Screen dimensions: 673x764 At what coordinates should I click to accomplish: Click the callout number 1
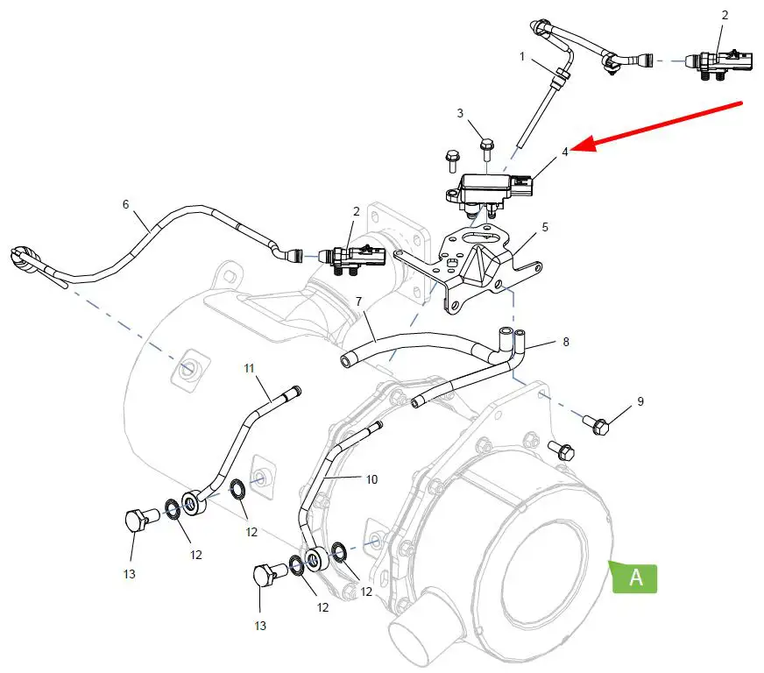click(522, 57)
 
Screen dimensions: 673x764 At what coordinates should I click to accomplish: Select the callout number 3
click(459, 113)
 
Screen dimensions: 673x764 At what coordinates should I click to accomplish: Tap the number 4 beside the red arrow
click(565, 151)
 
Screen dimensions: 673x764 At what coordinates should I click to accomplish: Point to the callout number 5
click(545, 227)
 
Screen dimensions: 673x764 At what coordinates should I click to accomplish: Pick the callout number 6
click(125, 204)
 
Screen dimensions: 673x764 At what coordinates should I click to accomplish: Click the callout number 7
click(358, 301)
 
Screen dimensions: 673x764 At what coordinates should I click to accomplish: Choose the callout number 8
click(566, 342)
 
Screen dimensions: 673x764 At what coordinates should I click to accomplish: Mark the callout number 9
click(640, 401)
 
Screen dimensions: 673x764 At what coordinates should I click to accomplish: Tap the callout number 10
click(371, 479)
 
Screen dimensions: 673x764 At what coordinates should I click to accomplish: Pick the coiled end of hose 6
click(25, 259)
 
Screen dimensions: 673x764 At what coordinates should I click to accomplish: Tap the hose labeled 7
click(412, 342)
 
